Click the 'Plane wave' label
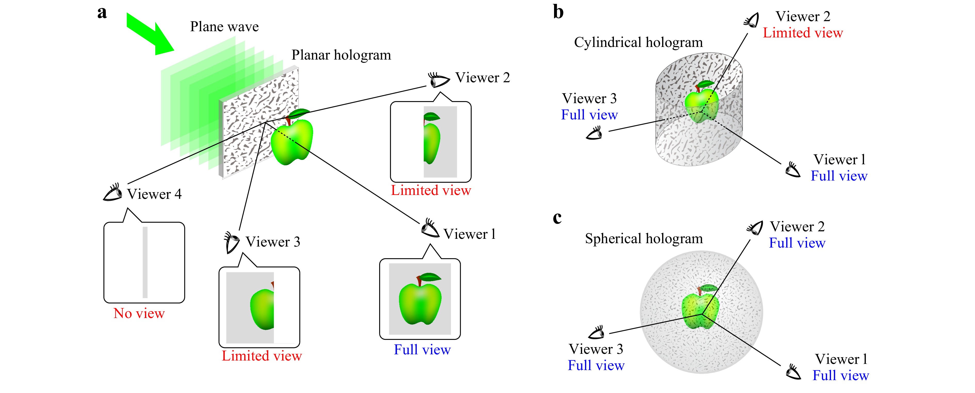click(x=224, y=27)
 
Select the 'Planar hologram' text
click(x=341, y=55)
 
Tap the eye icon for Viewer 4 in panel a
click(x=113, y=193)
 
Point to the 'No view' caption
click(x=139, y=313)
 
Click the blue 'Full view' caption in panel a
click(x=422, y=349)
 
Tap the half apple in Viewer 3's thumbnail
click(x=263, y=308)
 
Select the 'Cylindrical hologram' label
click(x=638, y=42)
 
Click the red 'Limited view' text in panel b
click(x=803, y=33)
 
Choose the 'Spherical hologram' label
click(x=644, y=239)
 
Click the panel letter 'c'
click(x=557, y=218)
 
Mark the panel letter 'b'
click(x=558, y=12)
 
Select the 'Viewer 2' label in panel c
click(x=797, y=227)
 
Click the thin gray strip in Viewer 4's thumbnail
click(x=145, y=262)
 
